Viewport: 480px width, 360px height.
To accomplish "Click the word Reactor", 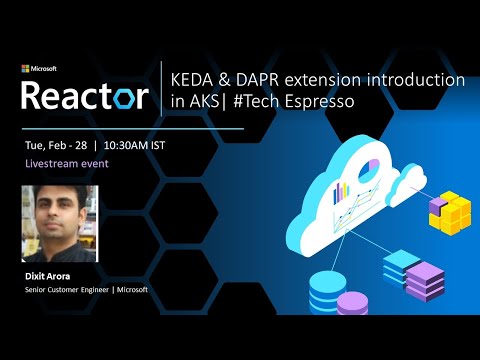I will [x=85, y=95].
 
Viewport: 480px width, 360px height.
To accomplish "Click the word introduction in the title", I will [x=419, y=80].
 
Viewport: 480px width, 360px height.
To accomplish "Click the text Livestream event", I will [x=67, y=162].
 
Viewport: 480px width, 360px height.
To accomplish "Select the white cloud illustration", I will [x=340, y=195].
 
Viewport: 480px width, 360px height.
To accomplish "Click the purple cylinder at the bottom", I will [x=352, y=304].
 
